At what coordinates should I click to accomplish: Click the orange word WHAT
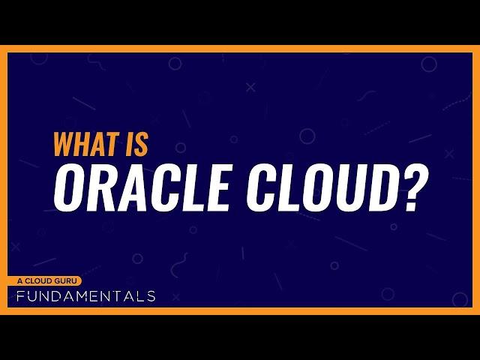coord(87,144)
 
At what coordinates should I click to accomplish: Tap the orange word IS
coord(137,144)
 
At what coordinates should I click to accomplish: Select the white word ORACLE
coord(142,187)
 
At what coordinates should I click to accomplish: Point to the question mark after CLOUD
coord(414,187)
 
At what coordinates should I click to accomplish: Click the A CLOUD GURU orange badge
coord(45,281)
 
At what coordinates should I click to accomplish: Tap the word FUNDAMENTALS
coord(86,296)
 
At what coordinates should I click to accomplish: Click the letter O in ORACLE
coord(68,187)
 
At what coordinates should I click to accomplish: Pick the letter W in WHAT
coord(65,144)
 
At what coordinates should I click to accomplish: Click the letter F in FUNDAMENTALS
coord(20,296)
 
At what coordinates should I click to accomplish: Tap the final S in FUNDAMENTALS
coord(151,296)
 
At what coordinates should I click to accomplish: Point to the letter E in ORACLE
coord(216,187)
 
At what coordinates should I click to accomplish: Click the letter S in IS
coord(141,144)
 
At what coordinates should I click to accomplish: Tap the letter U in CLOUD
coord(350,187)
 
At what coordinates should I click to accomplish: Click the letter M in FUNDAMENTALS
coord(85,296)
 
